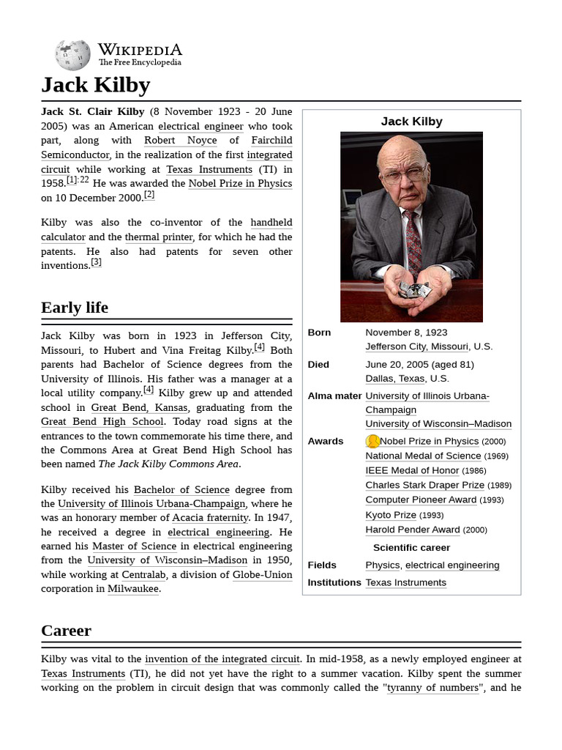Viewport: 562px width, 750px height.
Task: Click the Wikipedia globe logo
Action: coord(72,55)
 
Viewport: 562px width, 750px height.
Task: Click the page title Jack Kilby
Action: coord(95,85)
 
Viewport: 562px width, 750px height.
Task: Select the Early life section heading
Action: coord(75,308)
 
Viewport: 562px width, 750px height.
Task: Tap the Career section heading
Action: coord(66,631)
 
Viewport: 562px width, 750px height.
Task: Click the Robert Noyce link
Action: coord(180,140)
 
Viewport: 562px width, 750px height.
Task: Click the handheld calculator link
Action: coord(271,223)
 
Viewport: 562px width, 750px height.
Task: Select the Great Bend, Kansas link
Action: coord(139,407)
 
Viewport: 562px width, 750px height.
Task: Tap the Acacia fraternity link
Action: coord(210,518)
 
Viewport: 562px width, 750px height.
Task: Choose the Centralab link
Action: coord(143,575)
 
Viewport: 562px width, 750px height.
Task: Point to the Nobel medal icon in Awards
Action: coord(372,441)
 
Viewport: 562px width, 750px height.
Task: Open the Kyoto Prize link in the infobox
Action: coord(391,515)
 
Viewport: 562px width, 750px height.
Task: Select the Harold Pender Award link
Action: coord(413,530)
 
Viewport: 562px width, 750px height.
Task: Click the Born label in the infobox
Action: coord(319,333)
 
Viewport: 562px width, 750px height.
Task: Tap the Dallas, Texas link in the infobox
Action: coord(395,379)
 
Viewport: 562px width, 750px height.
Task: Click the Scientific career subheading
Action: coord(411,548)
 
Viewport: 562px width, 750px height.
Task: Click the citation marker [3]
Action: coord(96,262)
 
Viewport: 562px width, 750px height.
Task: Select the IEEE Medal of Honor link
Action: coord(412,470)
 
